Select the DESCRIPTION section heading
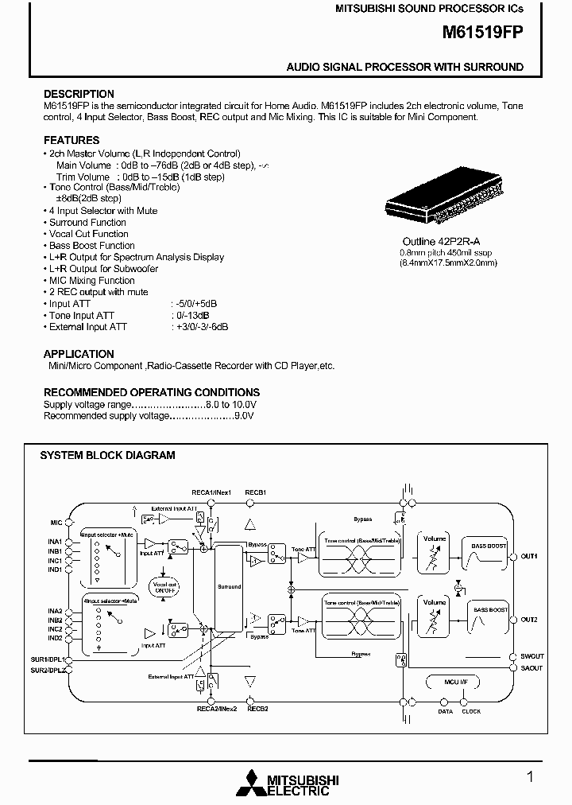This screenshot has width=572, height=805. (x=79, y=94)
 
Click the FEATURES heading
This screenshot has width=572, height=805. (x=71, y=140)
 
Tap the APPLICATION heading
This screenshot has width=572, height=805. (x=79, y=354)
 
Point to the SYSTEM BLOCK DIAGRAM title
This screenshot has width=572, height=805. (x=107, y=456)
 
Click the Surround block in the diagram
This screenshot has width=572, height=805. (x=229, y=587)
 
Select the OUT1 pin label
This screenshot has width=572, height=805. (x=529, y=556)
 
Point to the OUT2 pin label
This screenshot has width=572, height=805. (x=529, y=620)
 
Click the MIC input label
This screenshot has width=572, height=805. (x=55, y=523)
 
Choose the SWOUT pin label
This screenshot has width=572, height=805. (x=531, y=657)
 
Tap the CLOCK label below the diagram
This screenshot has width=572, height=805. (x=471, y=711)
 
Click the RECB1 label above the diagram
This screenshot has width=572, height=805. (x=256, y=492)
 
